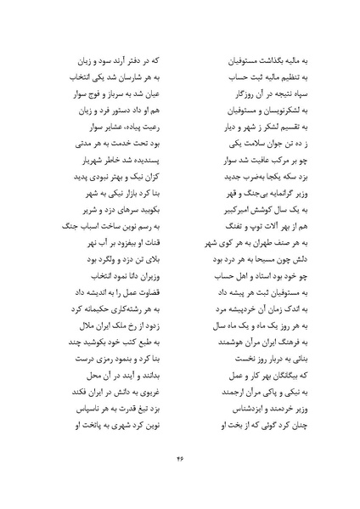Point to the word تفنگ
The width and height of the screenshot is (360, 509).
coord(217,224)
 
